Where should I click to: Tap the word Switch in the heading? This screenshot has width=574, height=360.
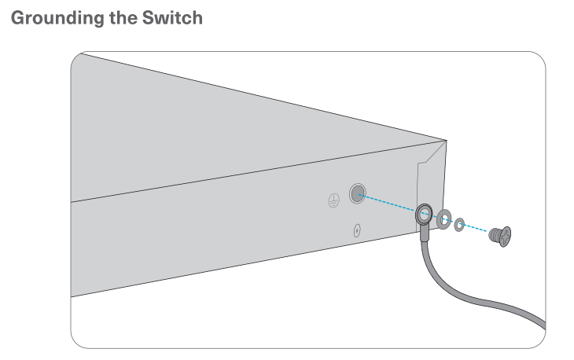(173, 18)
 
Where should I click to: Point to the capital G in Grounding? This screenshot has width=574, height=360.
(14, 18)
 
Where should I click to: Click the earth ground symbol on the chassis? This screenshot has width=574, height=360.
(333, 200)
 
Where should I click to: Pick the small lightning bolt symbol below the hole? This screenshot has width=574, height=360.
(356, 231)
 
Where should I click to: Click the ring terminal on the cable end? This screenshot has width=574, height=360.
(424, 212)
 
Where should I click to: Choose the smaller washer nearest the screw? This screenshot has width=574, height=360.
(460, 222)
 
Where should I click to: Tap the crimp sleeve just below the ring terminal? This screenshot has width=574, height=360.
(425, 231)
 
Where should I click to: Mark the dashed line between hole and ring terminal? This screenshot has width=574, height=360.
(389, 204)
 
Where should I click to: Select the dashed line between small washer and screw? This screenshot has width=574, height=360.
(476, 227)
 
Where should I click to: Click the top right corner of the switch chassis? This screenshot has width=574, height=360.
(446, 141)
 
